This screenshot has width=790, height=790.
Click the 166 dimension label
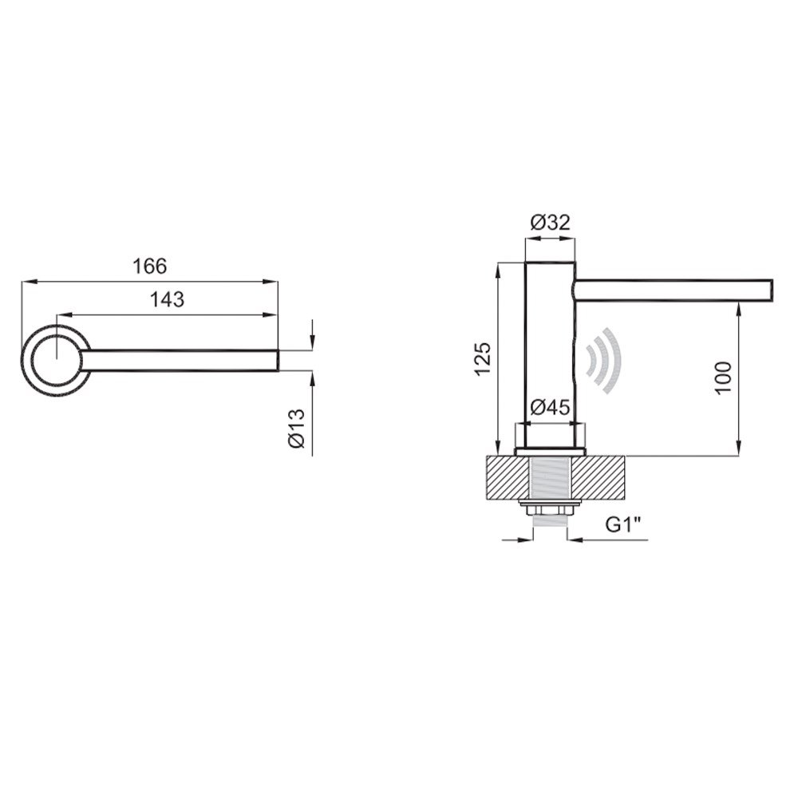pyautogui.click(x=149, y=266)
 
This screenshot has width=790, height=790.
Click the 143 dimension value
pyautogui.click(x=168, y=299)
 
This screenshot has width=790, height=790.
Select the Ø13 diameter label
pyautogui.click(x=297, y=429)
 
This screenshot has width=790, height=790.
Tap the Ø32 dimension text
pyautogui.click(x=550, y=222)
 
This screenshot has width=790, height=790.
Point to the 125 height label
pyautogui.click(x=482, y=359)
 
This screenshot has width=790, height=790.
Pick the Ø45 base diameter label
pyautogui.click(x=550, y=407)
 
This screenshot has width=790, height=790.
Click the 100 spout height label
pyautogui.click(x=723, y=378)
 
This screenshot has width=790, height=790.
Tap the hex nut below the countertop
pyautogui.click(x=550, y=511)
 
